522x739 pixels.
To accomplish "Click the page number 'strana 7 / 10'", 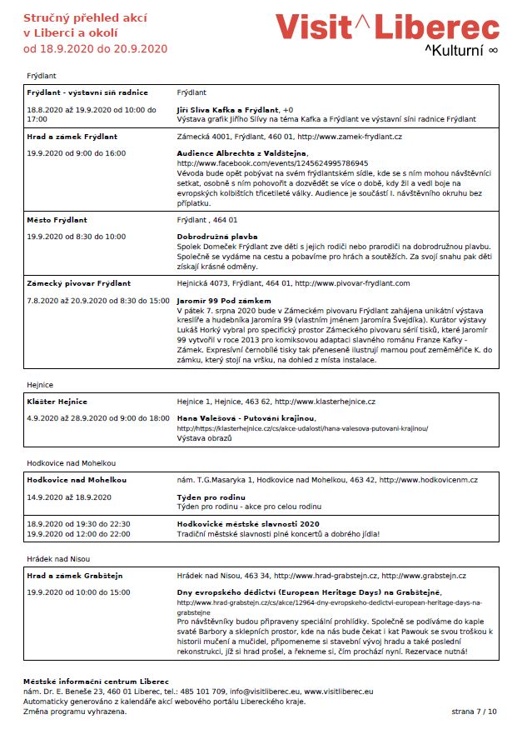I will tap(473, 712).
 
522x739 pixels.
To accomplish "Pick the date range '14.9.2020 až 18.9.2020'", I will tap(69, 497).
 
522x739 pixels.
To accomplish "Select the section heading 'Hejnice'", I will tap(40, 384).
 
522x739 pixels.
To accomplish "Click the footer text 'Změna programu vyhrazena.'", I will tap(75, 712).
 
